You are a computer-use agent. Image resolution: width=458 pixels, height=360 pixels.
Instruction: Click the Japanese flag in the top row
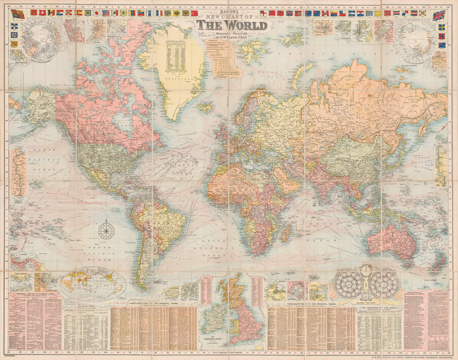(x=97, y=13)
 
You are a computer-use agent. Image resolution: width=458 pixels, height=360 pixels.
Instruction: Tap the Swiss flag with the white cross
(x=43, y=13)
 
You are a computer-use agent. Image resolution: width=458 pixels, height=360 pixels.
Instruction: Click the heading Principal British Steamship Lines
(x=36, y=294)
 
